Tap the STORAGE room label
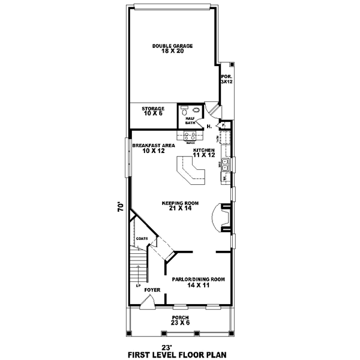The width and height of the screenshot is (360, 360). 153,111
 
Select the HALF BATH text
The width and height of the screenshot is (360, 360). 190,121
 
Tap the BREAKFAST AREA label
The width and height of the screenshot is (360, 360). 154,148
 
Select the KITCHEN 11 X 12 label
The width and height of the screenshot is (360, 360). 204,152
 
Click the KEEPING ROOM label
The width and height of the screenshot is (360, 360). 176,206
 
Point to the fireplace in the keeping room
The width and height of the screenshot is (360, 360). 224,217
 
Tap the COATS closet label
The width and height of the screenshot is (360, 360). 142,239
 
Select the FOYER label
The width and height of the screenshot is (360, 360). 152,290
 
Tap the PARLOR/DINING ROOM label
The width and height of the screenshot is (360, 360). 198,281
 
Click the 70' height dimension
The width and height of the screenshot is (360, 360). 121,207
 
